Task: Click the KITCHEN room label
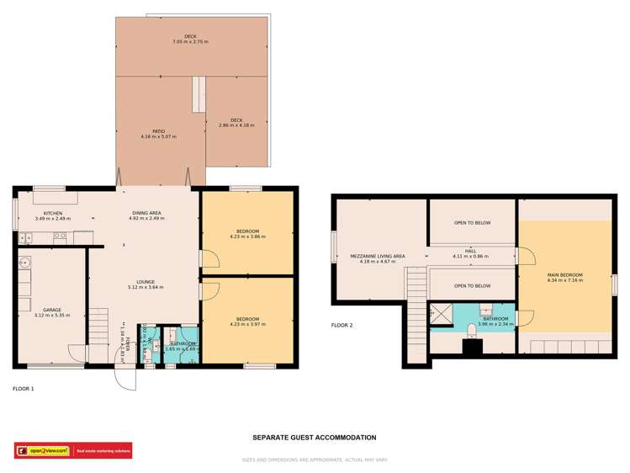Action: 52,213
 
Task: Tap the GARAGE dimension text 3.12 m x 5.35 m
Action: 52,316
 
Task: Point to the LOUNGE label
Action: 146,282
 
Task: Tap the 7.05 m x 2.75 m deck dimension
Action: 190,41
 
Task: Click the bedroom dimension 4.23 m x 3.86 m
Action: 247,237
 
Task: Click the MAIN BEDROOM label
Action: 564,274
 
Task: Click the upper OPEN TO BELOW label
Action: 472,223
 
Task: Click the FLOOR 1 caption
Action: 24,389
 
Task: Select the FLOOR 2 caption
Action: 341,325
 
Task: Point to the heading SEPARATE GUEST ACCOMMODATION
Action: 314,438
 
